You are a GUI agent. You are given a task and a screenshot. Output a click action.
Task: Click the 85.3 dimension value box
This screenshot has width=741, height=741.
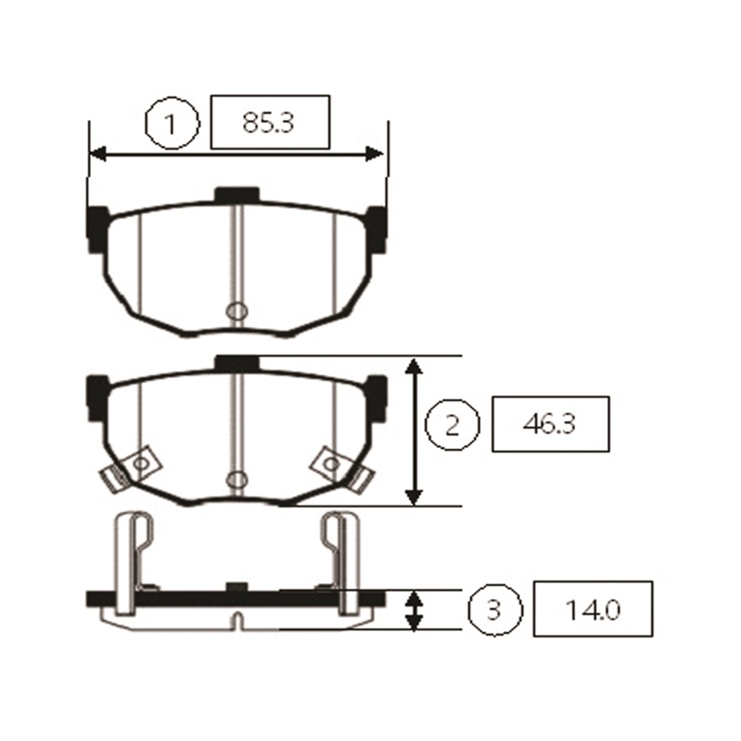point(270,122)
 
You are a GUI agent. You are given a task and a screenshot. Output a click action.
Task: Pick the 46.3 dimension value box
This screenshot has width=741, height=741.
point(551,424)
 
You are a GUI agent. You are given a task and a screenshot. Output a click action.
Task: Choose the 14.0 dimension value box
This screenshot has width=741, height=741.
point(593,608)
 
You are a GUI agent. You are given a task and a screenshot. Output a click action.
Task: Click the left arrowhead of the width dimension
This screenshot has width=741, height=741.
point(98,154)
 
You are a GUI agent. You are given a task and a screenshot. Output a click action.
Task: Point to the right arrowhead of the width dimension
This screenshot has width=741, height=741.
point(374,154)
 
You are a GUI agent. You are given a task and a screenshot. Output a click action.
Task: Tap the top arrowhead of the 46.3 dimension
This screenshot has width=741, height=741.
point(413,367)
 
